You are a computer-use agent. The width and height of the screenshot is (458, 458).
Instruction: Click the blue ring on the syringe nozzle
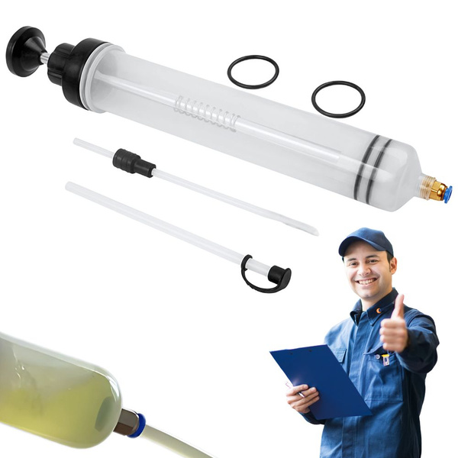coord(447,194)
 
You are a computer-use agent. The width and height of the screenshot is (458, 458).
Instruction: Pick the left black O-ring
coord(253,71)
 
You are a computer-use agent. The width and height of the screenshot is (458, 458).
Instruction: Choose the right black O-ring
coord(338,98)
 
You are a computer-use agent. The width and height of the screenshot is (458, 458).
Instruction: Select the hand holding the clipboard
coord(302,397)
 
